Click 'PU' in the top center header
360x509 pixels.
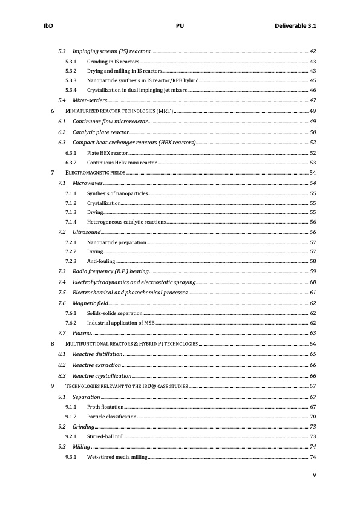(180, 27)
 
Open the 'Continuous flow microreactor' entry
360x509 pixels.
(110, 122)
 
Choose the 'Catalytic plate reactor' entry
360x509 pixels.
(100, 132)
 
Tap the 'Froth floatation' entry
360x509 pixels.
(105, 407)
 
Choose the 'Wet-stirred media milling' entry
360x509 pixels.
(117, 457)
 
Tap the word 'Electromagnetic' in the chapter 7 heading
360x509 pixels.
(86, 173)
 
